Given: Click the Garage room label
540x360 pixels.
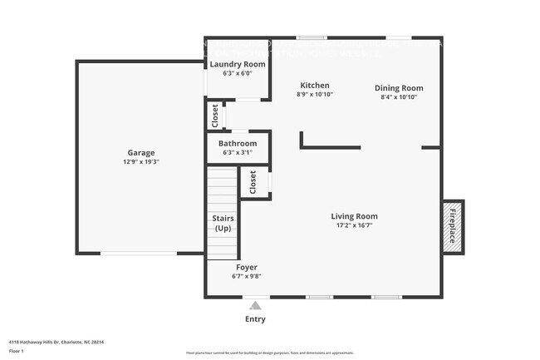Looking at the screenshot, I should [x=141, y=152].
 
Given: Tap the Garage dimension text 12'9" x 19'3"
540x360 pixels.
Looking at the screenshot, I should [x=141, y=162].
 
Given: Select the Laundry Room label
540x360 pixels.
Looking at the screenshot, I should [x=237, y=64].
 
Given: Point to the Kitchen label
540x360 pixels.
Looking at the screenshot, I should [x=315, y=85].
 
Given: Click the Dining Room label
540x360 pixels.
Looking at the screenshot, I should [x=399, y=88].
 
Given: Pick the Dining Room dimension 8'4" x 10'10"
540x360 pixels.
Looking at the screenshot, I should [x=399, y=97].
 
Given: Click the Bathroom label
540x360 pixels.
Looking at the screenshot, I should [x=238, y=143].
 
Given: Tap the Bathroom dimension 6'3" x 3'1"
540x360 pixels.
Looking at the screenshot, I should [x=238, y=152].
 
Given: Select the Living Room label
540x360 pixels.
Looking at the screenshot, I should [x=355, y=216].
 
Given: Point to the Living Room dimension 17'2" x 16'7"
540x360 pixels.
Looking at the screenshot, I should [x=355, y=225].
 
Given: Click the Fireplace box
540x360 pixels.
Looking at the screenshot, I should [x=453, y=226].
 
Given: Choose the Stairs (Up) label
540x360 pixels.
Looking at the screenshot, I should [x=223, y=223].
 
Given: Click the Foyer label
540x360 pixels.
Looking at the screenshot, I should [x=246, y=267].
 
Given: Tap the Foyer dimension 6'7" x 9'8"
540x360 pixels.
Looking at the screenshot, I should [x=246, y=276].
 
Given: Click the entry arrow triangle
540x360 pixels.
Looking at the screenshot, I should [x=255, y=305].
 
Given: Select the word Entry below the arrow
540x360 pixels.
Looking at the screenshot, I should [x=255, y=319].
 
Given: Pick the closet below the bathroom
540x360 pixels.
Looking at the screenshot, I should [x=253, y=182].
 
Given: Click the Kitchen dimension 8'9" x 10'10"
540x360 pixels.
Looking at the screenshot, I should [x=315, y=95].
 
